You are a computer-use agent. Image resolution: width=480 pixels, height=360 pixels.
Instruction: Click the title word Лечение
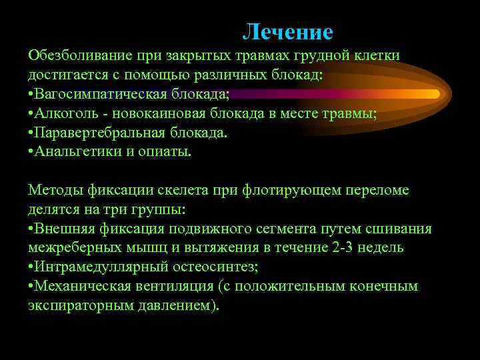287,31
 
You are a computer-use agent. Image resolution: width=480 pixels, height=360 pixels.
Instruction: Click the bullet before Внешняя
31,229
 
